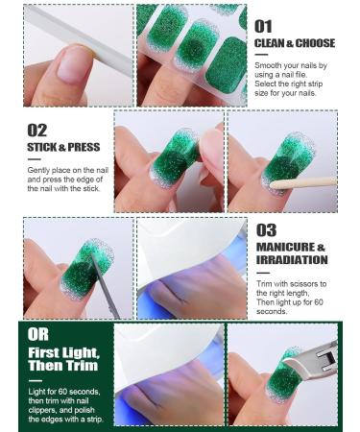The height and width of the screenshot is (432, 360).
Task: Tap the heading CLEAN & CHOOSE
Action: point(294,43)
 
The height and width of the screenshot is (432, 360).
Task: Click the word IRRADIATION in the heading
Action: point(292,259)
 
